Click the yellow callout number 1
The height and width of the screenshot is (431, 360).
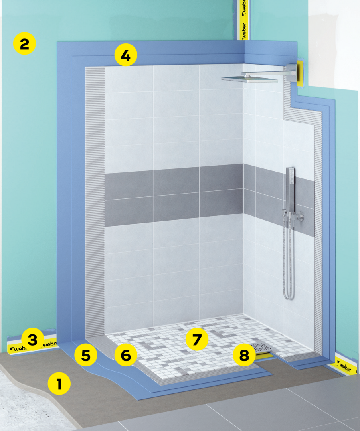click(59, 384)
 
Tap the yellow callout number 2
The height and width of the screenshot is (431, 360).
click(24, 44)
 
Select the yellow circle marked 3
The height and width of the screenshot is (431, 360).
click(33, 340)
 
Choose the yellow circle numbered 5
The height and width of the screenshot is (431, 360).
click(86, 356)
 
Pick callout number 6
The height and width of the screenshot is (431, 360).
click(126, 356)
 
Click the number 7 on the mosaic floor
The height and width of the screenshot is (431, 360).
click(197, 340)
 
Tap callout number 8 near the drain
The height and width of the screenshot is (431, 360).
click(244, 355)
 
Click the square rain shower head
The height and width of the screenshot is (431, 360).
click(249, 79)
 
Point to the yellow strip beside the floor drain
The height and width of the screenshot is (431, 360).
click(265, 354)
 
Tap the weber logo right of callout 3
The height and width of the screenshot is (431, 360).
click(50, 344)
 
